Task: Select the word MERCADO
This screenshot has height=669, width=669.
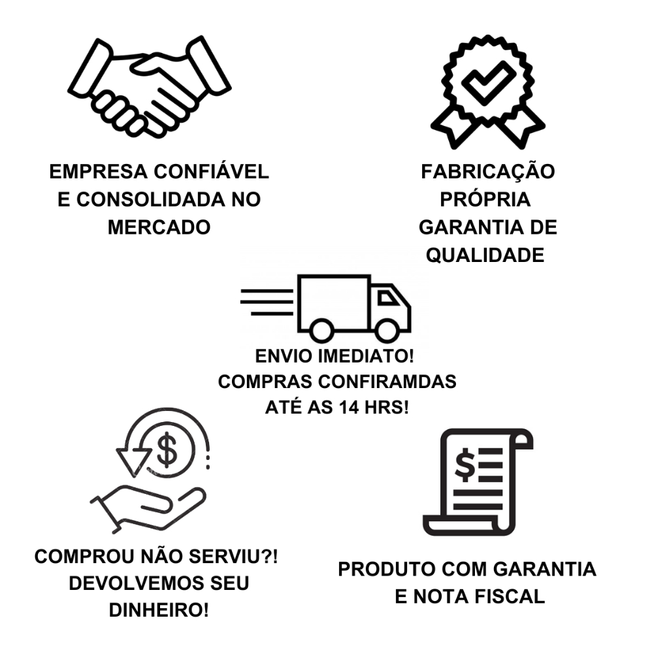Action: [159, 227]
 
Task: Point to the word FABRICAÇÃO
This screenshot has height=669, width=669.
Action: [487, 172]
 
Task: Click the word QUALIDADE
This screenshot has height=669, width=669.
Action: [485, 255]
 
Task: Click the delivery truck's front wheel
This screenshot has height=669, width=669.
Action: [387, 329]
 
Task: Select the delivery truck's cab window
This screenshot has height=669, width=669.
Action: [388, 298]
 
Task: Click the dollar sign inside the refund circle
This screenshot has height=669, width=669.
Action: [167, 449]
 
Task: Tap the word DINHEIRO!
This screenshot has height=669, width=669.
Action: [159, 610]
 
